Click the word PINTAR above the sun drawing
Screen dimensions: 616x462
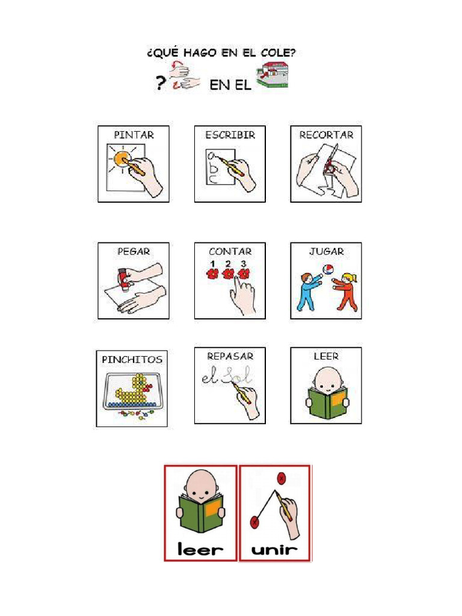(x=134, y=135)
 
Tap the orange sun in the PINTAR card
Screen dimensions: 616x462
(x=122, y=159)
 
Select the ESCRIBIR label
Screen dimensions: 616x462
(x=230, y=135)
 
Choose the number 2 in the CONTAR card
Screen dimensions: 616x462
(x=228, y=263)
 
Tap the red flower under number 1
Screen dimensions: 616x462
(x=212, y=275)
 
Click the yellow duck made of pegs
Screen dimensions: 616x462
(x=135, y=392)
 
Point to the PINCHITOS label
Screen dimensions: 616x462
(x=132, y=359)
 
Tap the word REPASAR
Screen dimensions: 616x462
(x=230, y=356)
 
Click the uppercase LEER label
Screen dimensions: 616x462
(x=326, y=356)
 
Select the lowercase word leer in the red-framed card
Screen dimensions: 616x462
(x=200, y=549)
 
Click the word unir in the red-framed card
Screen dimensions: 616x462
(x=275, y=549)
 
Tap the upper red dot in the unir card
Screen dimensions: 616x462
(x=281, y=479)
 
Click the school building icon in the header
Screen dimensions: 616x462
(x=271, y=77)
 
